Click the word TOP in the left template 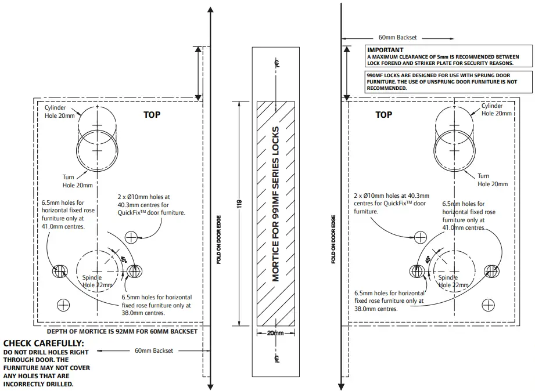coord(152,115)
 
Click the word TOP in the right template coord(383,115)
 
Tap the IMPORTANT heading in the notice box coord(386,50)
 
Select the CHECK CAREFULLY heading coord(44,343)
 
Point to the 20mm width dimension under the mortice coord(275,334)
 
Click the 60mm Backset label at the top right coord(397,37)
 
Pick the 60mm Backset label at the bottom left coord(153,350)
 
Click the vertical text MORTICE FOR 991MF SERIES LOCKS coord(276,204)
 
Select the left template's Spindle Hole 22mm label coord(97,281)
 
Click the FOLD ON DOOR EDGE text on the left coord(219,239)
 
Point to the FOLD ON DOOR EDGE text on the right coord(333,239)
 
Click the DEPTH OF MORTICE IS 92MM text coord(121,332)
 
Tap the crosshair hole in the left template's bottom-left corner coord(63,305)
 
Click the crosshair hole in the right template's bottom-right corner coord(489,305)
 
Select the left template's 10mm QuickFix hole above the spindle coord(131,237)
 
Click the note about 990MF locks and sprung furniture coord(441,82)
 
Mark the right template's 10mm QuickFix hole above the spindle coord(420,237)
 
